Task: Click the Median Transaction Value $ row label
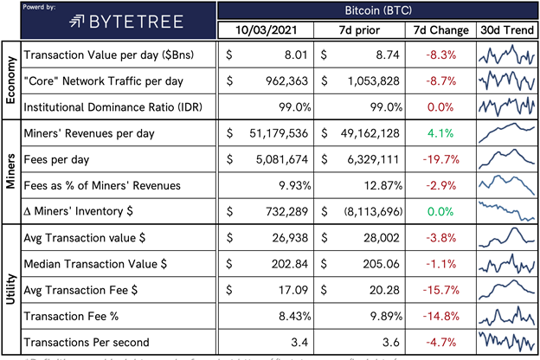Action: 96,263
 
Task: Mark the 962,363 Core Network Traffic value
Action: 282,82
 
